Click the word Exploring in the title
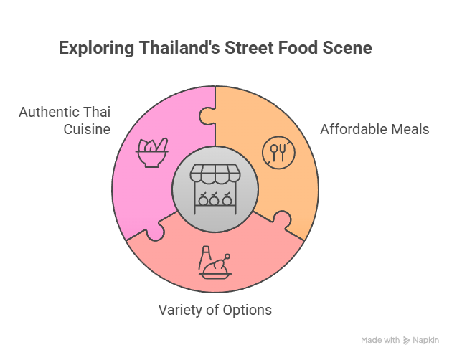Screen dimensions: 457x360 point(96,48)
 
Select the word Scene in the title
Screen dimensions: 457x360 point(347,47)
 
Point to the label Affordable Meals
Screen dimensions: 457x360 point(374,129)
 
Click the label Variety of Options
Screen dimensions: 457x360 point(215,310)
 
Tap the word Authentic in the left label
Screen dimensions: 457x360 point(50,112)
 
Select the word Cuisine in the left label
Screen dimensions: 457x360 point(87,129)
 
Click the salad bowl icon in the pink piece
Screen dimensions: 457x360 point(152,152)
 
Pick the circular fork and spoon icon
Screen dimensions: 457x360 point(278,152)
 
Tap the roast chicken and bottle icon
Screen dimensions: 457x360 point(215,262)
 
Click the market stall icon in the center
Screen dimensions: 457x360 point(215,189)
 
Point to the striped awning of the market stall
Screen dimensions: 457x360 point(215,174)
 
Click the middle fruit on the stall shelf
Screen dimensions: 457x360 point(214,199)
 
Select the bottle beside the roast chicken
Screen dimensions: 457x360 point(204,257)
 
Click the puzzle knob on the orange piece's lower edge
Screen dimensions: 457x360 point(282,219)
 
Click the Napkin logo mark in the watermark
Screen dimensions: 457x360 point(406,340)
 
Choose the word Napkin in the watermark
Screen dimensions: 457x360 point(426,340)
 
